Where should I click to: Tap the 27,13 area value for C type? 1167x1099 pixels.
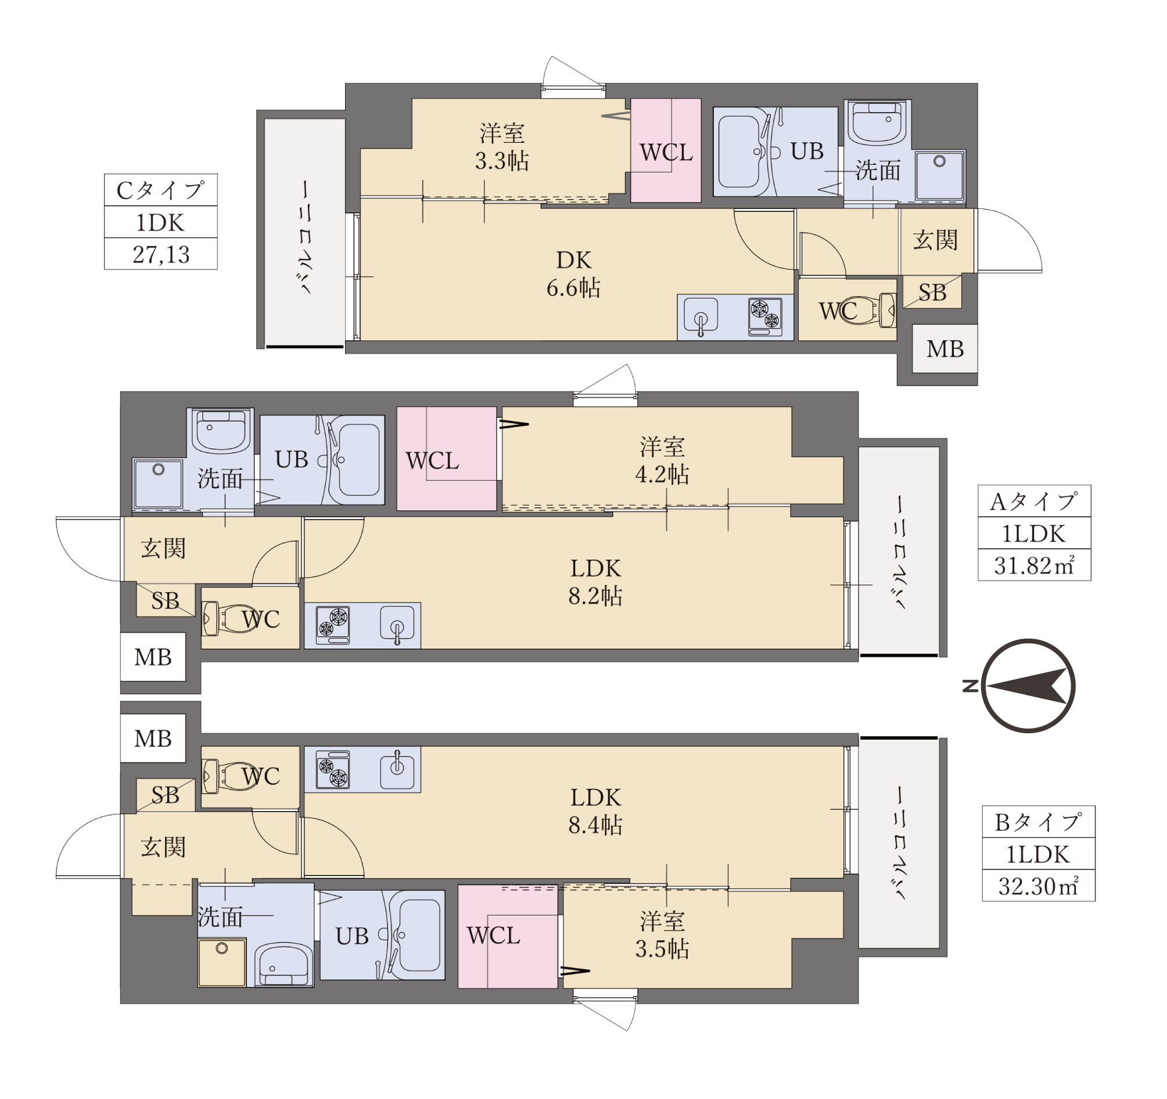point(161,254)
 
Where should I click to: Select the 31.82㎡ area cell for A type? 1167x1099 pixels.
point(1034,565)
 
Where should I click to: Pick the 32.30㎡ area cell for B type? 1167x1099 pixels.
point(1038,886)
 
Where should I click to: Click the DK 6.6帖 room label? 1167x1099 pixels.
point(573,274)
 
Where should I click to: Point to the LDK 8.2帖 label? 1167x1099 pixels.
point(595,582)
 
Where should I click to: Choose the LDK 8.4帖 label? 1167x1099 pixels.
point(595,812)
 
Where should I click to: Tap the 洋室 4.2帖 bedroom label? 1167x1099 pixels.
point(662,460)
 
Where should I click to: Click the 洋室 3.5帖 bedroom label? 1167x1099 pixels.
point(662,935)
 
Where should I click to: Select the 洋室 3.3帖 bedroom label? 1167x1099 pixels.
point(502,147)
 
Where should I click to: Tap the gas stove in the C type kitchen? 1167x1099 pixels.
point(766,317)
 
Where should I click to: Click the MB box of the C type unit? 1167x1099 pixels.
point(945,348)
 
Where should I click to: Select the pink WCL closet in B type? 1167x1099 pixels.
point(508,936)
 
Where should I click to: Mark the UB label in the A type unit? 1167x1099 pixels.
point(291,459)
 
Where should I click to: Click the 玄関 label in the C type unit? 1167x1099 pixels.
point(935,240)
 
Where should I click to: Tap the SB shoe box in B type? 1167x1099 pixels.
point(165,795)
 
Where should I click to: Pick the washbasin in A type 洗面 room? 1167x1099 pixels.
point(220,431)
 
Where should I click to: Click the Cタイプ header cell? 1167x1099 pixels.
point(161,189)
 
